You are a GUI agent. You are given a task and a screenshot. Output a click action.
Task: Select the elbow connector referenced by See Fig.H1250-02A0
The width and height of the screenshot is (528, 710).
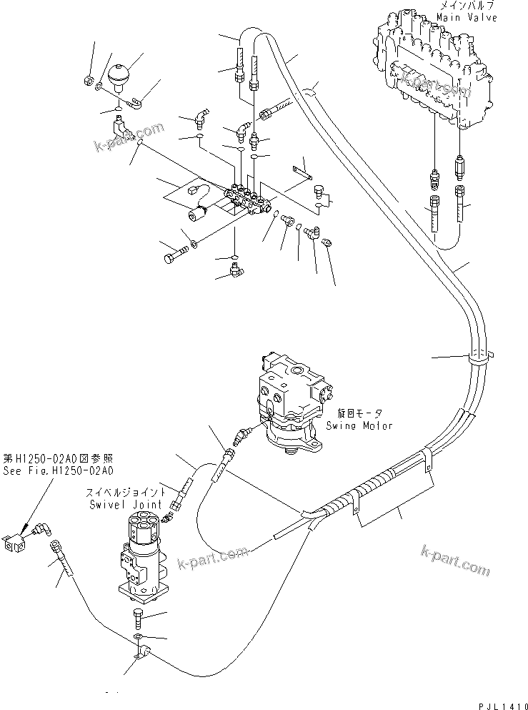[39, 533]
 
